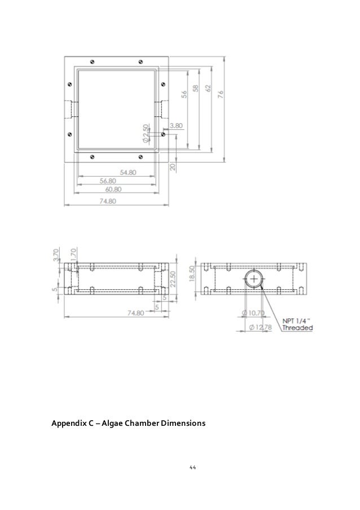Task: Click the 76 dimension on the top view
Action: (221, 94)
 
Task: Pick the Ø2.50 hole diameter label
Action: (146, 132)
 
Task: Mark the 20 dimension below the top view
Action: (173, 167)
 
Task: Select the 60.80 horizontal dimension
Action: (117, 190)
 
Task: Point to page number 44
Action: (192, 468)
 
